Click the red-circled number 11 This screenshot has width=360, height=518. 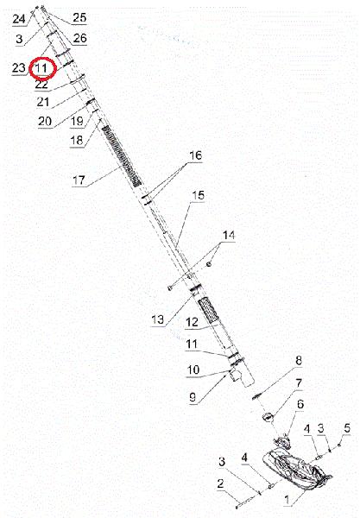[41, 68]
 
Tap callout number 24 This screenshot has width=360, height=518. [19, 19]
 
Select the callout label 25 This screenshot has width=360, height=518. [79, 17]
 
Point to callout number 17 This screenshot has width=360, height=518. [79, 180]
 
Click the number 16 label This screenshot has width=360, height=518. [195, 155]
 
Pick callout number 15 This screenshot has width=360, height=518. [199, 195]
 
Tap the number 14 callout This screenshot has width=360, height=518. [229, 235]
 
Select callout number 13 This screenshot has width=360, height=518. [157, 319]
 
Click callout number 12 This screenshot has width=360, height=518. [193, 322]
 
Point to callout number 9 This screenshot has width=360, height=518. [193, 397]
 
